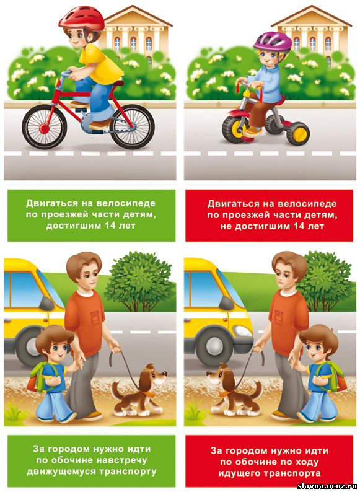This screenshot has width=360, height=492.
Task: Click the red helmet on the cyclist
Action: pyautogui.click(x=82, y=19)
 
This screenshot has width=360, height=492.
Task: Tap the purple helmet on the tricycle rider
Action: pyautogui.click(x=268, y=41)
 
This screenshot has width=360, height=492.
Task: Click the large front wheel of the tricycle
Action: pyautogui.click(x=234, y=129)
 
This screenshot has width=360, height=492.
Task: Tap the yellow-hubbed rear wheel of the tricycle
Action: pyautogui.click(x=298, y=134)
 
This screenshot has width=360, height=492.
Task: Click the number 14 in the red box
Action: pyautogui.click(x=300, y=226)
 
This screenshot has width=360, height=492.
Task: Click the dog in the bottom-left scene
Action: pyautogui.click(x=139, y=390)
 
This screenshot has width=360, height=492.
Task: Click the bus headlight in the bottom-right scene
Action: pyautogui.click(x=244, y=331)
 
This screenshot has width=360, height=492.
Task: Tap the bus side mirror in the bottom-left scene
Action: pyautogui.click(x=46, y=304)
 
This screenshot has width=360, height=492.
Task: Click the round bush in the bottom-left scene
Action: pyautogui.click(x=140, y=281)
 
